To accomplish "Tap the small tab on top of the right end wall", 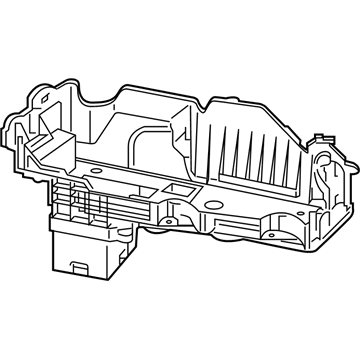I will click(x=322, y=141).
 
